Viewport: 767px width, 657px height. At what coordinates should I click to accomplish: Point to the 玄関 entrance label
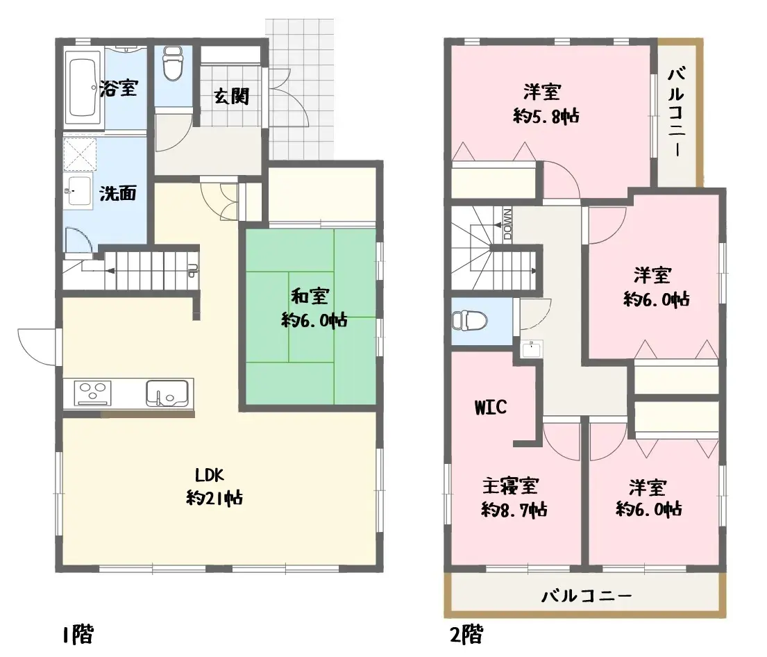pyautogui.click(x=231, y=96)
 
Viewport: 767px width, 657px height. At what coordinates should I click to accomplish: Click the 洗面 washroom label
pyautogui.click(x=118, y=193)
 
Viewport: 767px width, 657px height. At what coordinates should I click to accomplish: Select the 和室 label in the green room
pyautogui.click(x=309, y=297)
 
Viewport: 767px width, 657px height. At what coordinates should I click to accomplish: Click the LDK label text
pyautogui.click(x=209, y=475)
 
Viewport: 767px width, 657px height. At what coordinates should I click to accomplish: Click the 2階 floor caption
pyautogui.click(x=465, y=634)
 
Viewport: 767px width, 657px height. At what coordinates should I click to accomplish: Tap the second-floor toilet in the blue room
pyautogui.click(x=469, y=321)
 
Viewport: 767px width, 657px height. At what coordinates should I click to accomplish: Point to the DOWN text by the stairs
pyautogui.click(x=507, y=224)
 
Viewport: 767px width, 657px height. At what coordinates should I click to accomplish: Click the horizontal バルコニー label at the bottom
pyautogui.click(x=587, y=596)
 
